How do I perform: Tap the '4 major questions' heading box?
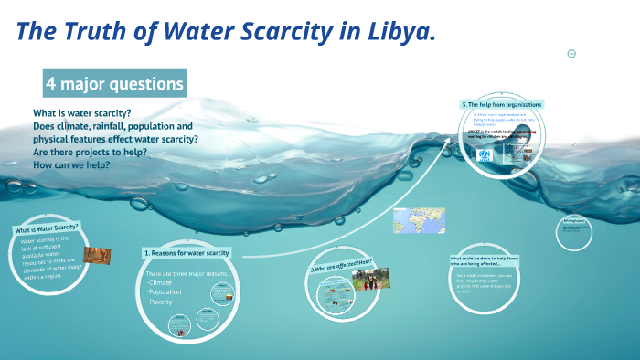click(x=114, y=84)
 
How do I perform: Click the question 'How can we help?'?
click(x=71, y=165)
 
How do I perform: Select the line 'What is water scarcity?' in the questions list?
click(x=82, y=113)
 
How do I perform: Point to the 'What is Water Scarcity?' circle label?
click(x=47, y=228)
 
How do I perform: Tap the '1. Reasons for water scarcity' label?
click(x=187, y=252)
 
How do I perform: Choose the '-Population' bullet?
click(x=166, y=292)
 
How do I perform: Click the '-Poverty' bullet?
click(x=161, y=302)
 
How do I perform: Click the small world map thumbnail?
click(x=411, y=220)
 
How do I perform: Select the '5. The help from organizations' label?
click(x=502, y=105)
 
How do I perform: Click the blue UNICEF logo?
click(x=484, y=154)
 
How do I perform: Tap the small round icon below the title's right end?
click(x=571, y=53)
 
